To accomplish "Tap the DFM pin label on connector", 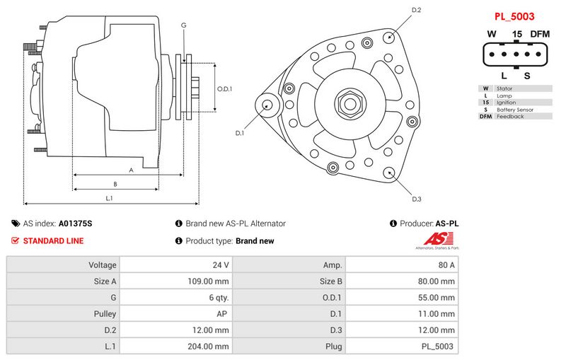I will [541, 34].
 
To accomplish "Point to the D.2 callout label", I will [417, 10].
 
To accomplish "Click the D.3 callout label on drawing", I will [416, 199].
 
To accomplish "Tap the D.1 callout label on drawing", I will [239, 133].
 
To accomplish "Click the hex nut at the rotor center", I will [349, 104].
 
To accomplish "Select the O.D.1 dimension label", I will [224, 89].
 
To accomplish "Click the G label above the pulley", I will [184, 25].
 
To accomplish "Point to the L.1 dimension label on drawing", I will [110, 199].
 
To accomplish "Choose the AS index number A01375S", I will [76, 223].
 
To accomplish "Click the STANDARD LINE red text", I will [53, 241].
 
